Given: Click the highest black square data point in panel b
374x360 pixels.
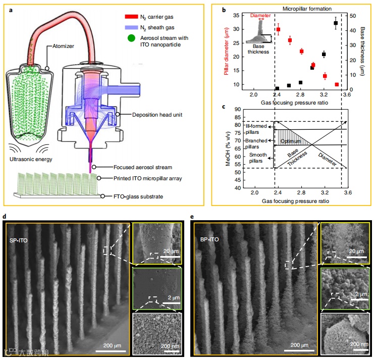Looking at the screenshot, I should [x=336, y=23].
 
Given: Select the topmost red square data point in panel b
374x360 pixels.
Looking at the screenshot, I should [x=278, y=30].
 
